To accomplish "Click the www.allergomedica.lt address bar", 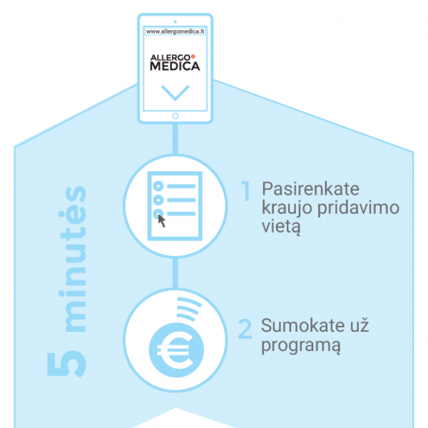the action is [175, 31].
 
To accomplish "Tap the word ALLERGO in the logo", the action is [170, 58].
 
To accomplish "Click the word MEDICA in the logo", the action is [175, 66].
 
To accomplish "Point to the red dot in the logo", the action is [193, 56].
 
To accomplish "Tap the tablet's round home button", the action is [175, 116].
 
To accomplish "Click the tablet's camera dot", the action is [175, 21].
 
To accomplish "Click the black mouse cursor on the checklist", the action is [162, 221].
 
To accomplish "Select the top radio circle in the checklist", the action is [158, 186].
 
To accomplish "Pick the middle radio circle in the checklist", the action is [158, 200].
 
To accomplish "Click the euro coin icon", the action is [176, 350].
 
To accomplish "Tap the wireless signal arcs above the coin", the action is [189, 309].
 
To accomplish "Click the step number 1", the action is [246, 190].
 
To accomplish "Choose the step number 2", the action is [245, 329].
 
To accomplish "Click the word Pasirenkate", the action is [310, 189].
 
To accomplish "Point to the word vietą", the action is [281, 227].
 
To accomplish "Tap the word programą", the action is [301, 345].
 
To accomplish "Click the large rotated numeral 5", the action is [66, 365].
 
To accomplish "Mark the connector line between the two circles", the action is [175, 273].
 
